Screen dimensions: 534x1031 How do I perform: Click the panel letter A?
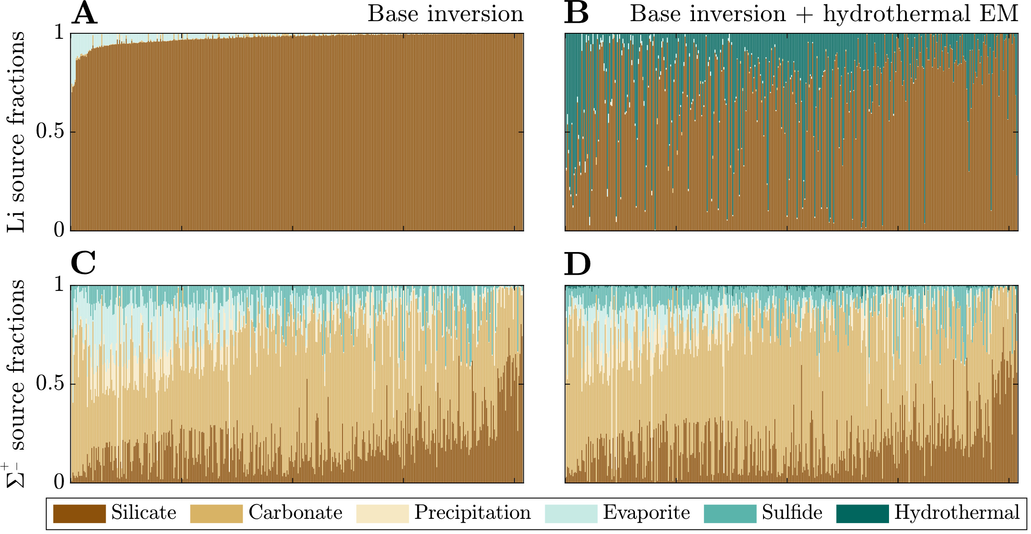pyautogui.click(x=85, y=14)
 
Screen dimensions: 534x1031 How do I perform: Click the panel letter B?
pyautogui.click(x=576, y=14)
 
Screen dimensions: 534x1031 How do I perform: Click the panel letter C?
pyautogui.click(x=83, y=263)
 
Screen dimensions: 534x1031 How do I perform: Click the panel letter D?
pyautogui.click(x=577, y=264)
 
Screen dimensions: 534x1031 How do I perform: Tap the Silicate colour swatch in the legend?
pyautogui.click(x=79, y=513)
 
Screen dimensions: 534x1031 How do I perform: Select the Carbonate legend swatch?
pyautogui.click(x=216, y=513)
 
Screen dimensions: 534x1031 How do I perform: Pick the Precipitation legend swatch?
pyautogui.click(x=382, y=513)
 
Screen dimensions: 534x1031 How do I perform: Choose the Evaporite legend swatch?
pyautogui.click(x=571, y=513)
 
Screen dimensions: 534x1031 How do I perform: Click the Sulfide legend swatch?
pyautogui.click(x=730, y=513)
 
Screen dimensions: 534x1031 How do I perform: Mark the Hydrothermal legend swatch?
pyautogui.click(x=862, y=513)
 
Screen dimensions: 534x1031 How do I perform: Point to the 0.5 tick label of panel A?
pyautogui.click(x=50, y=131)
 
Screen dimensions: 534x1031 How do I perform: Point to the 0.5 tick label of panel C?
pyautogui.click(x=50, y=383)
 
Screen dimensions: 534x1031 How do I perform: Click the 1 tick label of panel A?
pyautogui.click(x=59, y=32)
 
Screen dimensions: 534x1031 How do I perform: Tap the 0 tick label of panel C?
pyautogui.click(x=59, y=481)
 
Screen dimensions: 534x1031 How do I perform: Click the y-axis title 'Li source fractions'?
pyautogui.click(x=16, y=131)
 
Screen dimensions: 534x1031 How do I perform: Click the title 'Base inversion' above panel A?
pyautogui.click(x=445, y=14)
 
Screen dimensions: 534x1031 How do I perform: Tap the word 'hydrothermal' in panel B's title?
pyautogui.click(x=897, y=14)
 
